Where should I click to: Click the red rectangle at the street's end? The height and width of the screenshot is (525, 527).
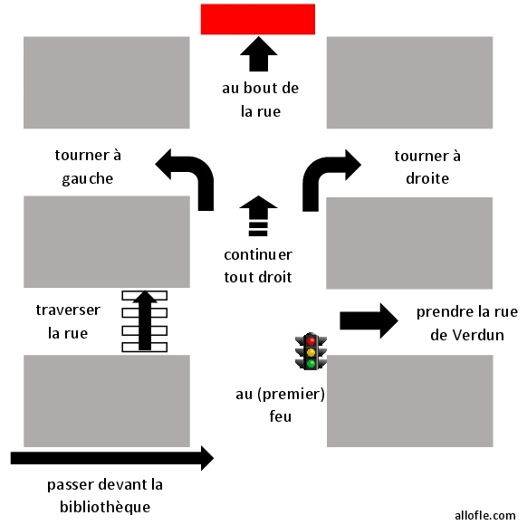257,19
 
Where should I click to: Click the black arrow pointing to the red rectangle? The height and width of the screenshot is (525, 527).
258,55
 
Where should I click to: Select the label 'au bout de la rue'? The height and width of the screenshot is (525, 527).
261,100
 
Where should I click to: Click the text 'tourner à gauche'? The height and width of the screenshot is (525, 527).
88,167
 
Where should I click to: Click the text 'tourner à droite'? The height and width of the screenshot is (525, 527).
427,167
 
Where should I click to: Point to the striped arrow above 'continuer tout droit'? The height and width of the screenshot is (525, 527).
258,215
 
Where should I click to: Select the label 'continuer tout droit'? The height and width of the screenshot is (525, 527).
259,265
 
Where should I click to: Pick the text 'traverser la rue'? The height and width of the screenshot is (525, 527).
68,321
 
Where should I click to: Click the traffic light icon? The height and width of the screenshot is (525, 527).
311,350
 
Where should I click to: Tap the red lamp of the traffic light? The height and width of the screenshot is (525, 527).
311,339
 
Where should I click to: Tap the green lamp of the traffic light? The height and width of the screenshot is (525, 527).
311,363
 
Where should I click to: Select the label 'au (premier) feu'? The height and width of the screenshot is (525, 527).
279,406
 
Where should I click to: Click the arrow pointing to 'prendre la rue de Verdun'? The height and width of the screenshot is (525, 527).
369,320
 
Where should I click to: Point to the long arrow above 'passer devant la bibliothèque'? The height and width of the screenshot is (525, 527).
112,458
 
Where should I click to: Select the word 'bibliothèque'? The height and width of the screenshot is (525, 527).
98,506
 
